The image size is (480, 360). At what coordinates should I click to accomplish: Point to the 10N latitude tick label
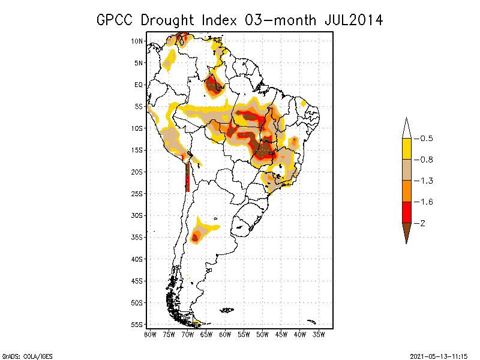[x=137, y=41]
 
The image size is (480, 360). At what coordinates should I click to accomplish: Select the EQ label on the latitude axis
[x=139, y=85]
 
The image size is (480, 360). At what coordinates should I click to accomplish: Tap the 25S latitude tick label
[x=137, y=194]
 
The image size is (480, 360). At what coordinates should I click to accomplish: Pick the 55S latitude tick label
[x=137, y=325]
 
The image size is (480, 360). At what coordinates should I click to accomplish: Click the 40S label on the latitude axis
[x=137, y=259]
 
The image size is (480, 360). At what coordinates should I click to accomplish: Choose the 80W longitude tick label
[x=150, y=335]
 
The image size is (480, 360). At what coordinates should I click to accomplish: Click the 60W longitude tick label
[x=225, y=335]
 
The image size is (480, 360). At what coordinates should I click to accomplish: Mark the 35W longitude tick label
[x=319, y=335]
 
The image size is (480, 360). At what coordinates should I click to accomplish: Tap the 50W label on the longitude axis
[x=262, y=335]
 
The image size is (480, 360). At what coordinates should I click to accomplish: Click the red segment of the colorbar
[x=406, y=212]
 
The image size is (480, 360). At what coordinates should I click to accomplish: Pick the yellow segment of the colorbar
[x=406, y=149]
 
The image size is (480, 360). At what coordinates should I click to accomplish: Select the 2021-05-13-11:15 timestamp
[x=439, y=355]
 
